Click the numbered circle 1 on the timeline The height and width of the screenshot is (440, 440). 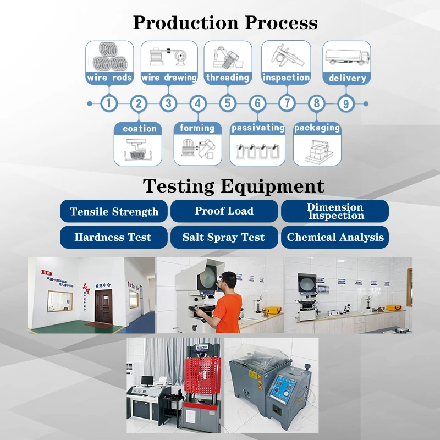click(x=109, y=103)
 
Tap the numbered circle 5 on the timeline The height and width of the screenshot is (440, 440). click(x=227, y=103)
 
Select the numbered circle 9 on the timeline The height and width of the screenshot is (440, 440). click(x=345, y=103)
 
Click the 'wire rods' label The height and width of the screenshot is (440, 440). click(x=109, y=78)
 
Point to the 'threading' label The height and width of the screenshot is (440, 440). click(x=228, y=78)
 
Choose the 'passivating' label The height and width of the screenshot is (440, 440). click(x=258, y=128)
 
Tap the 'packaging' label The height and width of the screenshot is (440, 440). click(x=317, y=128)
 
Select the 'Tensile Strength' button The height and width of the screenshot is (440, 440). click(x=114, y=212)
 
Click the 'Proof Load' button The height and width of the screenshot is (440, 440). click(x=224, y=211)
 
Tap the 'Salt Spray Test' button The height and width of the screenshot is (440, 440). click(x=224, y=238)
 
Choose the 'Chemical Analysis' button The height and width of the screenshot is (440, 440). click(x=335, y=238)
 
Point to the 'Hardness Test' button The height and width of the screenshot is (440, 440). click(x=113, y=238)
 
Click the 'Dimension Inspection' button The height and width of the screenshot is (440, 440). click(x=335, y=211)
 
